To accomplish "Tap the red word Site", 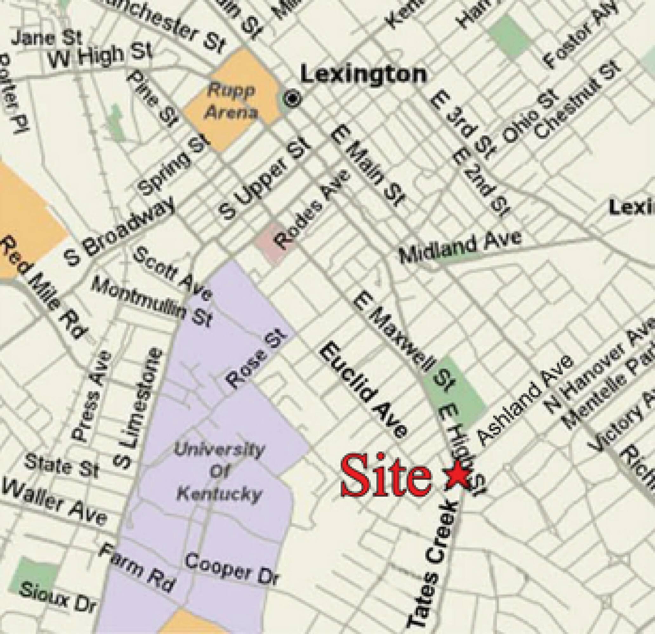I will coord(386,476).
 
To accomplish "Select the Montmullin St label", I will coord(152,302).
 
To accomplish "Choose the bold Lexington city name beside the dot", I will coord(364,74).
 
